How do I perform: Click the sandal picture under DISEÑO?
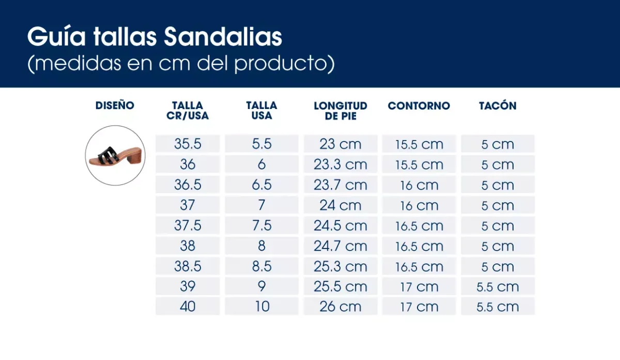tap(115, 155)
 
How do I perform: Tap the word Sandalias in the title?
tap(223, 38)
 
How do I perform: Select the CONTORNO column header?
tap(419, 106)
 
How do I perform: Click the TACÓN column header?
tap(498, 106)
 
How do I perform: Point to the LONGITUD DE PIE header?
tap(340, 111)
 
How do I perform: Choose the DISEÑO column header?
tap(115, 106)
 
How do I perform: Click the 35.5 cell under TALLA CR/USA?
tap(188, 144)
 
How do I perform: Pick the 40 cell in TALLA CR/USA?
tap(188, 306)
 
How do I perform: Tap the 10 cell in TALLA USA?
tap(262, 306)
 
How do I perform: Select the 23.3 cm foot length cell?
tap(340, 165)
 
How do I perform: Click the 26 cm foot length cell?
tap(340, 306)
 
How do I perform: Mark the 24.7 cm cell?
tap(340, 246)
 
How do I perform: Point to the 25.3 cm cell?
tap(340, 267)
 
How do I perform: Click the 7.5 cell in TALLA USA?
tap(262, 226)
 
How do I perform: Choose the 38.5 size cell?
tap(188, 267)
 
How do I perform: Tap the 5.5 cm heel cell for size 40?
tap(498, 306)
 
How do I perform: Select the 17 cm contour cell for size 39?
tap(419, 287)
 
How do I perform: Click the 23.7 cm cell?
tap(340, 185)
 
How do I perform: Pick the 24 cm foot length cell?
tap(340, 206)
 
